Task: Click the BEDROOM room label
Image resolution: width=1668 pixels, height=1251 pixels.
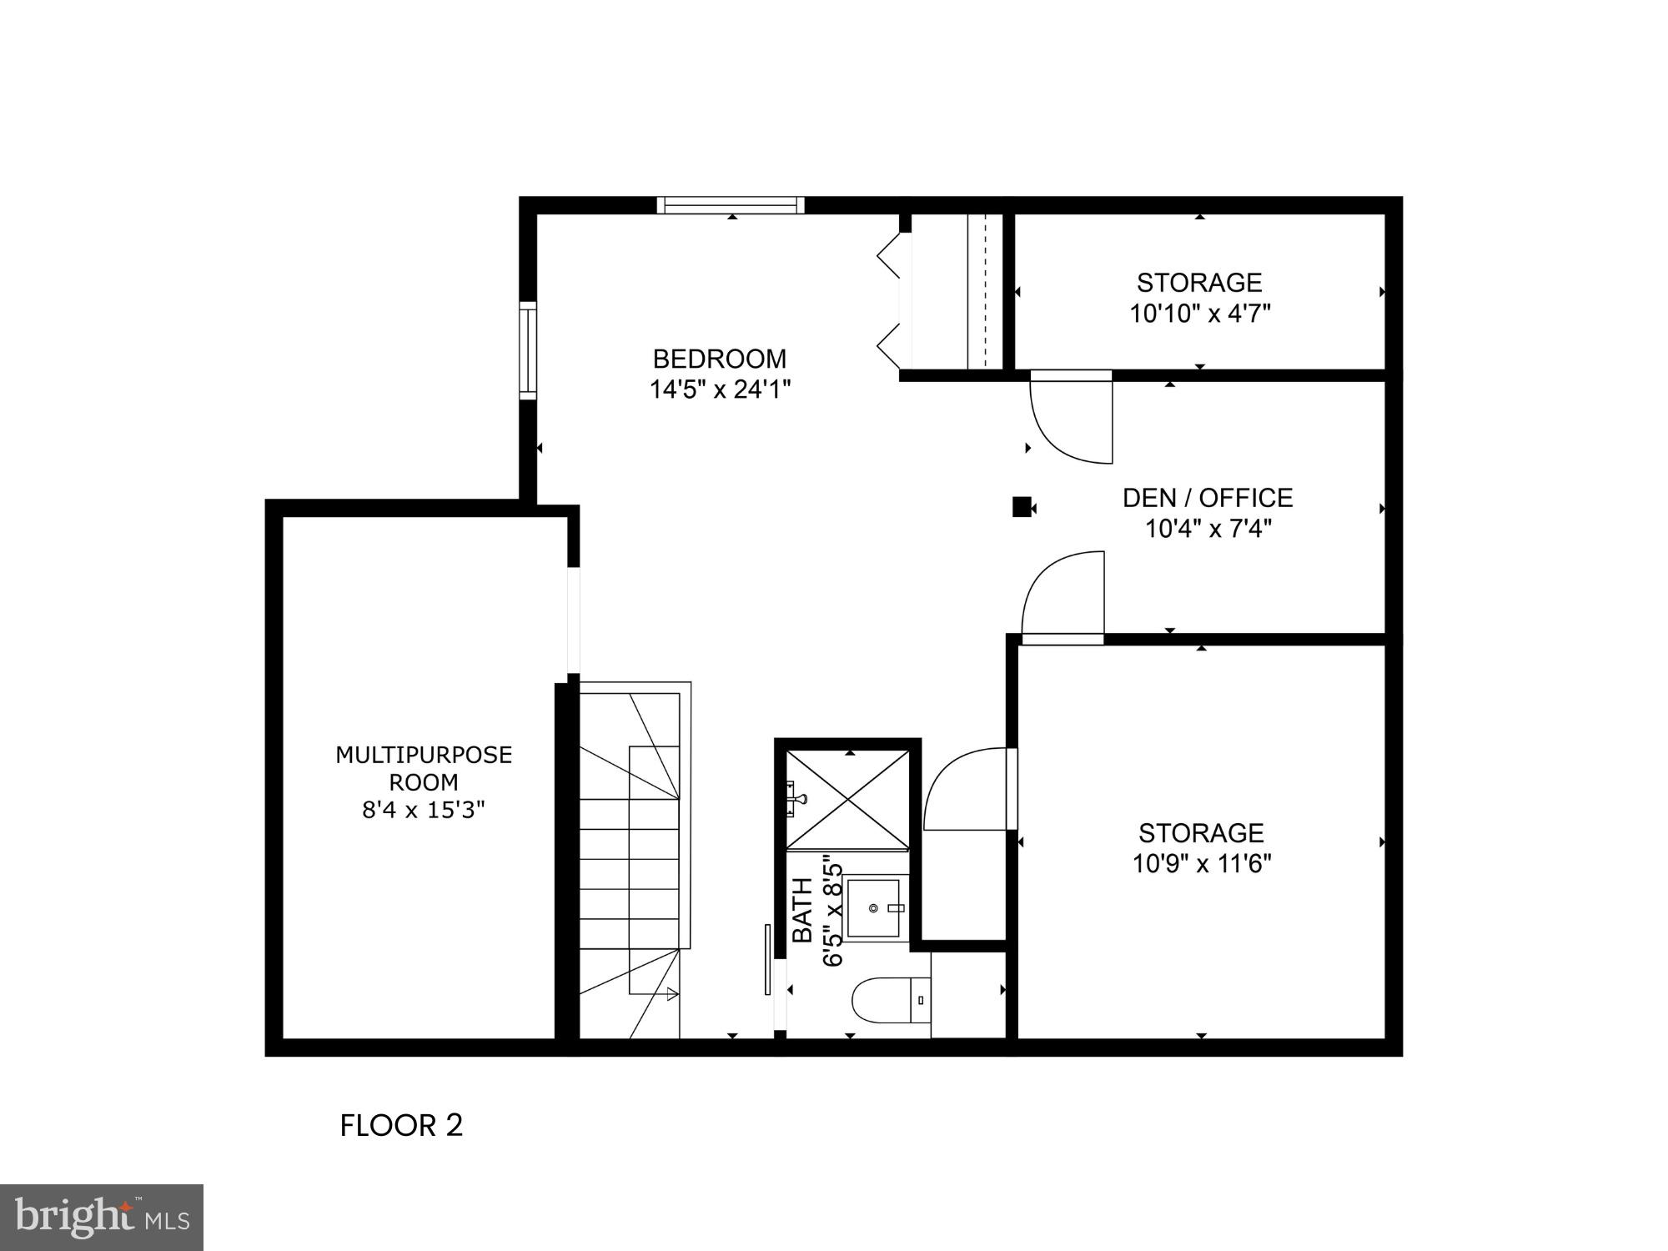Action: [719, 359]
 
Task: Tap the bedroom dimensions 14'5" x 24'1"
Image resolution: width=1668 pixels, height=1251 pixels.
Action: [720, 389]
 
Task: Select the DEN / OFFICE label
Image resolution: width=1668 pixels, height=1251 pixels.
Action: [1208, 498]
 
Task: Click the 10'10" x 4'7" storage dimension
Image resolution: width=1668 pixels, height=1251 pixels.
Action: [1199, 314]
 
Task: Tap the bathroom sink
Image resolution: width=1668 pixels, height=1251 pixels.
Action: [875, 907]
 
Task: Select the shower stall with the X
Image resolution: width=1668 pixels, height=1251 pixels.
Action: [848, 799]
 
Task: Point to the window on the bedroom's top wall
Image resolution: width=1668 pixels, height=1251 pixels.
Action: [731, 205]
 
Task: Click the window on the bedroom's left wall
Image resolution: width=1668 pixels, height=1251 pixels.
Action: [528, 351]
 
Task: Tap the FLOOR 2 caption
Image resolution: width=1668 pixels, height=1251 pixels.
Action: [401, 1126]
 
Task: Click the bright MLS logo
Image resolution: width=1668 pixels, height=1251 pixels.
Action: [101, 1218]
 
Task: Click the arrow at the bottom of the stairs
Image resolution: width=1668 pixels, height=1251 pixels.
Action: [672, 993]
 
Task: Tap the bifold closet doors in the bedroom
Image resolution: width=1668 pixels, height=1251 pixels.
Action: [889, 300]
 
